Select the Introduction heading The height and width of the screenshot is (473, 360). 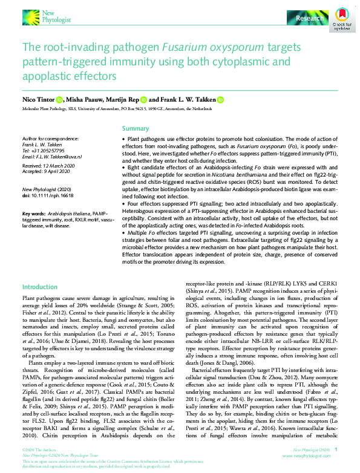pos(40,287)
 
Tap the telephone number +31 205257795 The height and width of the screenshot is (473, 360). pos(50,149)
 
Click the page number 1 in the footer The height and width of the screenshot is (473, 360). pos(336,450)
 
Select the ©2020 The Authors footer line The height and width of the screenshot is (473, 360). pos(36,450)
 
